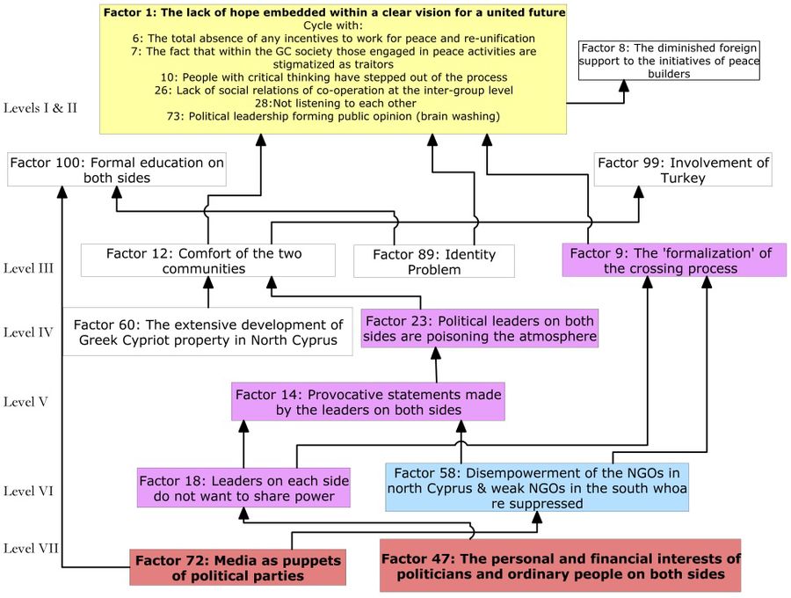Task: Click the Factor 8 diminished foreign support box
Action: click(x=670, y=60)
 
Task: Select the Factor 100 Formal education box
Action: click(x=116, y=170)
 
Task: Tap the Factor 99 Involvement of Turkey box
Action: click(x=683, y=170)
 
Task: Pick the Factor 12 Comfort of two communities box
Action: click(x=207, y=260)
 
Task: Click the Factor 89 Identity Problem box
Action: click(x=433, y=261)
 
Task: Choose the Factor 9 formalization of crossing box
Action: click(x=673, y=260)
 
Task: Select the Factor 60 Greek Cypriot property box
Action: click(x=207, y=332)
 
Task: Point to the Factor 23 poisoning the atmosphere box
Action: click(x=481, y=328)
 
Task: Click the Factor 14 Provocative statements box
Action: click(x=368, y=402)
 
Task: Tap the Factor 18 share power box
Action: click(x=243, y=488)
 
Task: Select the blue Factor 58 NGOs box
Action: click(x=536, y=487)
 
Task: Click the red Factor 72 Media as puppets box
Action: click(x=236, y=567)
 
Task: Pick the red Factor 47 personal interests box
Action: click(x=560, y=565)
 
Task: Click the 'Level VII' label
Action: click(x=32, y=548)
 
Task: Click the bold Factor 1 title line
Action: click(x=334, y=11)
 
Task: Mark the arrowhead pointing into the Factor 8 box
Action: click(x=624, y=85)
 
